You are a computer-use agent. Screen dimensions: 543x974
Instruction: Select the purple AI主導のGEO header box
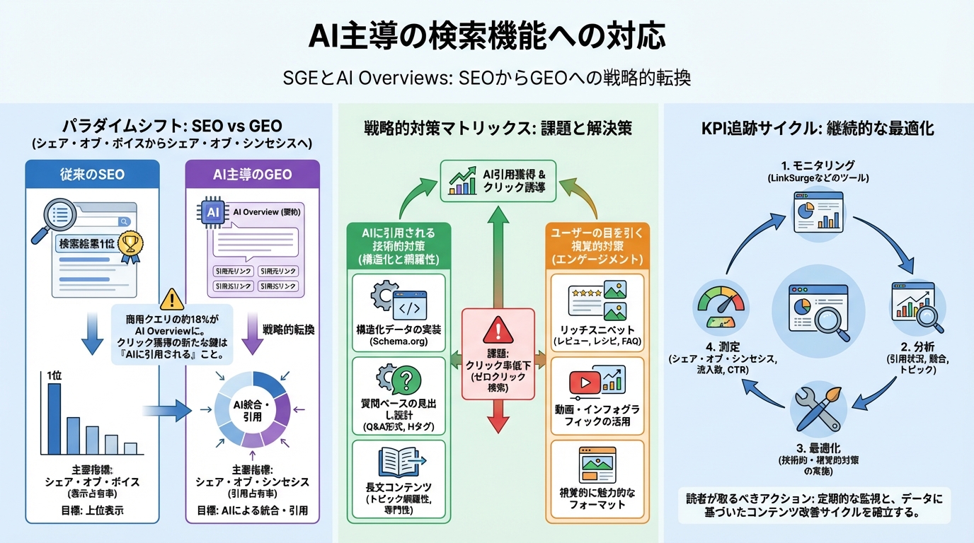coord(252,174)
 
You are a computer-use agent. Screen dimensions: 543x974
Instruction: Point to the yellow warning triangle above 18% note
coord(171,300)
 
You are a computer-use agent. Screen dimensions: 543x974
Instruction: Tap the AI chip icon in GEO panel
coord(212,213)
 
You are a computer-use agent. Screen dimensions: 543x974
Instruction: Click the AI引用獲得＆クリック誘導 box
coord(498,180)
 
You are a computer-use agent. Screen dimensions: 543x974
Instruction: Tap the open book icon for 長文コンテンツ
coord(399,465)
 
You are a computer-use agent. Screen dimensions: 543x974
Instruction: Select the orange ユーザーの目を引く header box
coord(596,245)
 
